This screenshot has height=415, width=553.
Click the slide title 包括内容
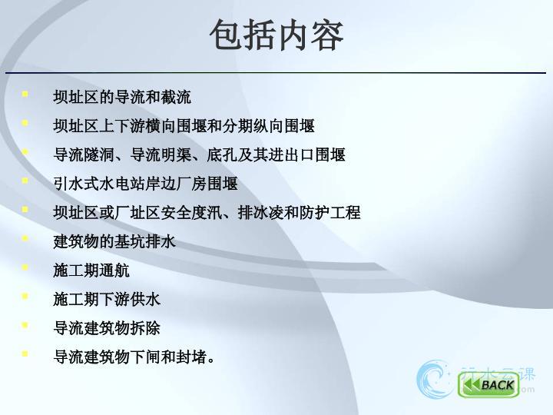(x=276, y=35)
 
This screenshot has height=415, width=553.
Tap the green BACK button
(x=488, y=384)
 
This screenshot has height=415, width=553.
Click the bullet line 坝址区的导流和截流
(x=122, y=97)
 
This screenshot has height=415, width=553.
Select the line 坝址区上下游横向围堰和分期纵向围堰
(x=184, y=126)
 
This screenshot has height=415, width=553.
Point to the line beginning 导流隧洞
(x=199, y=155)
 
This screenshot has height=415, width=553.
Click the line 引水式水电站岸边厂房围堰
(x=145, y=184)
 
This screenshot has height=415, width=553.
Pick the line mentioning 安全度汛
(x=207, y=213)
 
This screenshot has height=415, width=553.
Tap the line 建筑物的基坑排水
(x=114, y=242)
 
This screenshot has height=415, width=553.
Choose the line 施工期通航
(x=91, y=271)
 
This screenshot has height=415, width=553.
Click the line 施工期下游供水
(x=107, y=300)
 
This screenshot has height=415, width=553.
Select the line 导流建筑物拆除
(x=107, y=328)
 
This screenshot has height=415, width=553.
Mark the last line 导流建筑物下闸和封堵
(x=134, y=357)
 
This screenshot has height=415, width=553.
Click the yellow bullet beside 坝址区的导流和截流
(x=25, y=94)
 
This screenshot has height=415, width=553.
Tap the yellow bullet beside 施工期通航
(x=25, y=267)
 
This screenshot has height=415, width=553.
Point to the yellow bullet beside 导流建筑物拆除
(x=25, y=324)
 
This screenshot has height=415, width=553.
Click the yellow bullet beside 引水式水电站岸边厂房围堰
(x=25, y=181)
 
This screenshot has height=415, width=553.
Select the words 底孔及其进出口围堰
(x=276, y=155)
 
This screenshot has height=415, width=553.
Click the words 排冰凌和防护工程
(x=300, y=213)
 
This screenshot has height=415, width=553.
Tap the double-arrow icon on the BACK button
(x=471, y=385)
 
